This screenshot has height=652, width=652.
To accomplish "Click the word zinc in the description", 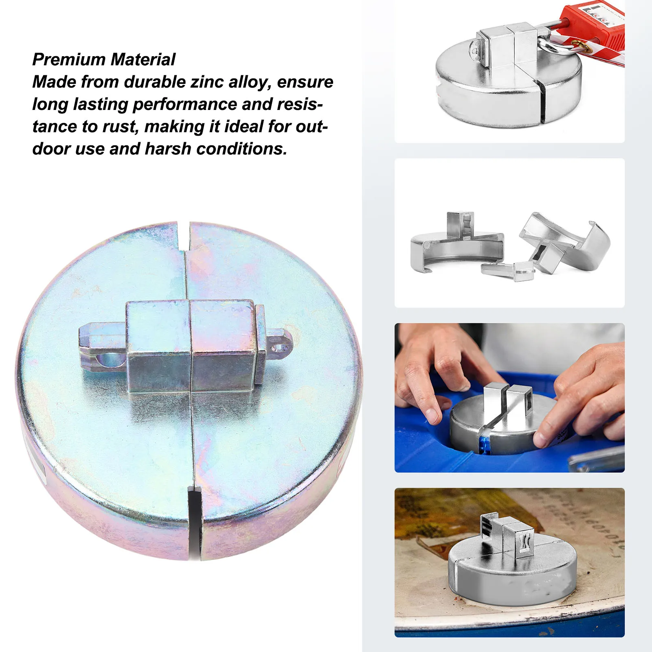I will pos(207,82).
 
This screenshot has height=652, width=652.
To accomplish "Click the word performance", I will pos(184,104).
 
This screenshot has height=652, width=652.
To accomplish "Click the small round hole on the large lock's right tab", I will pos(279,348).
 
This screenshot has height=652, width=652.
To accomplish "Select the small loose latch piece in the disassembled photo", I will pos(507,270).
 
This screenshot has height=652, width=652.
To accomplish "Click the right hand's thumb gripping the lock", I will pos(544,438).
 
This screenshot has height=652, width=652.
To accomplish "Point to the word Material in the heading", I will pos(143,59).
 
